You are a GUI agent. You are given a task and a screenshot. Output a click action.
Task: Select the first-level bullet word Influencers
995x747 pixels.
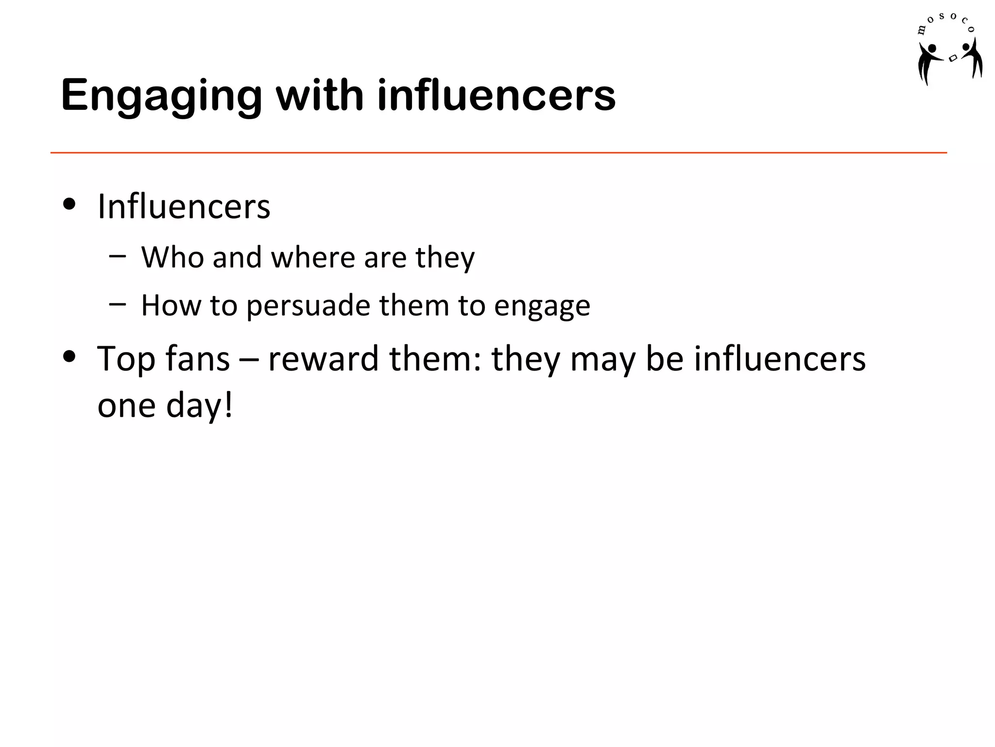click(x=184, y=207)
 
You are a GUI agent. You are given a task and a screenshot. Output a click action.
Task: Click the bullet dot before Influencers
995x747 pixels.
click(x=69, y=204)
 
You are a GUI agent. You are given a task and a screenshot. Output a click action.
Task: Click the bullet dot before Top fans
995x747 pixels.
click(x=69, y=356)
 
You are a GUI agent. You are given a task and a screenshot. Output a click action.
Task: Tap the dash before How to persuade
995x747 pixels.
click(x=118, y=303)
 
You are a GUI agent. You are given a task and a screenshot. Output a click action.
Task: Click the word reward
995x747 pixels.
click(x=323, y=359)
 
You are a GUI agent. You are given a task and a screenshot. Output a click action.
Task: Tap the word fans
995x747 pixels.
click(x=197, y=359)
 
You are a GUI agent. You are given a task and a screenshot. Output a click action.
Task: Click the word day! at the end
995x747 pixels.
click(x=200, y=406)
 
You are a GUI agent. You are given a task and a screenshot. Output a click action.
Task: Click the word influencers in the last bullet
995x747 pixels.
click(x=779, y=359)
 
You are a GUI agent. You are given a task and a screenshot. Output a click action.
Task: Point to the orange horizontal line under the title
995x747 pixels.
click(x=498, y=153)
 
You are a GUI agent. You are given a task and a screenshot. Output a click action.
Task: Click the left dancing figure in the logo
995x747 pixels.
click(x=928, y=62)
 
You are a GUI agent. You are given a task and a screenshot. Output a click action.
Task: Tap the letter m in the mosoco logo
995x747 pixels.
click(x=921, y=31)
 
